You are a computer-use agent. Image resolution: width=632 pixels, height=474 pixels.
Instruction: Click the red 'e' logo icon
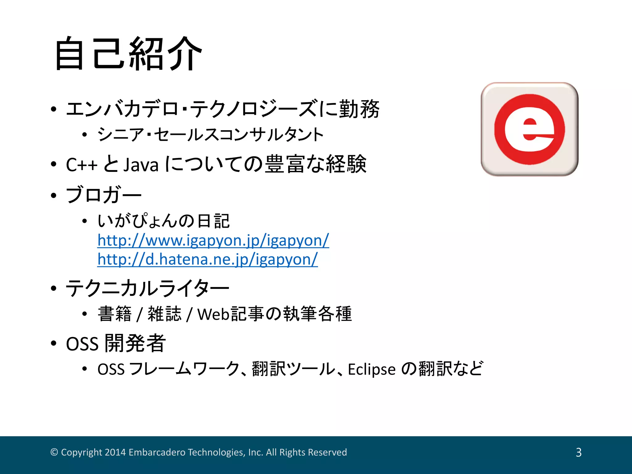529,129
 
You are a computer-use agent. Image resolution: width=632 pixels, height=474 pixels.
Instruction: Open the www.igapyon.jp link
213,240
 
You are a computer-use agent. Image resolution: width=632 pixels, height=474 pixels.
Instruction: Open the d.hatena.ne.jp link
207,259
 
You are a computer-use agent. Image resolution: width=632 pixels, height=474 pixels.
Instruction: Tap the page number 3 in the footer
579,452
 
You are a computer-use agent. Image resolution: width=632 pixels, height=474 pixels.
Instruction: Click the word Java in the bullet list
141,164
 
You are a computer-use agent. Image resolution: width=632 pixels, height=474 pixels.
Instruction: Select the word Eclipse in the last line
372,369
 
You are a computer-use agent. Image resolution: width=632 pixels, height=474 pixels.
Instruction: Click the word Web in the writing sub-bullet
213,314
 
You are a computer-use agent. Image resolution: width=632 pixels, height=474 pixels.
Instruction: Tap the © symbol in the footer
54,452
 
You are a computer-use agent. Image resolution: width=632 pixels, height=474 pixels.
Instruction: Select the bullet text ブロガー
104,195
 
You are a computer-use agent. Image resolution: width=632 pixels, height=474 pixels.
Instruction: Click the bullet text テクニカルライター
148,288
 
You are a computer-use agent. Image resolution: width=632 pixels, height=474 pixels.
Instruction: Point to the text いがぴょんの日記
164,221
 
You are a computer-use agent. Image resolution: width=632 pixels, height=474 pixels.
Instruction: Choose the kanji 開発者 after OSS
135,343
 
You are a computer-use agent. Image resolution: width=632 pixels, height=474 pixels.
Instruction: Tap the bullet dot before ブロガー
54,195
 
